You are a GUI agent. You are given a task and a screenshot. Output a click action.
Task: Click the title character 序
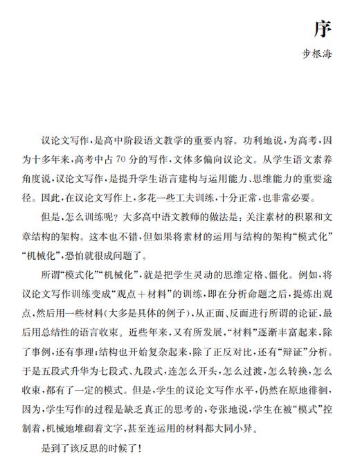point(323,29)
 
